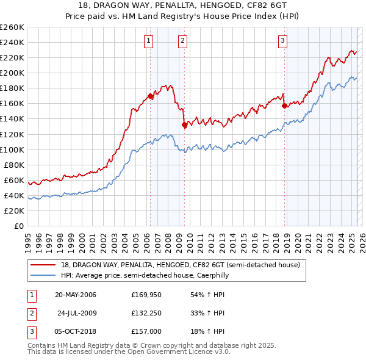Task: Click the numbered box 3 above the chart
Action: (283, 41)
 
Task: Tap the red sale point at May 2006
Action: (150, 96)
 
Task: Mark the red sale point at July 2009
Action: (184, 125)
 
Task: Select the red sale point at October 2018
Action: (284, 106)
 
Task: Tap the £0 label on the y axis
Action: (18, 226)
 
